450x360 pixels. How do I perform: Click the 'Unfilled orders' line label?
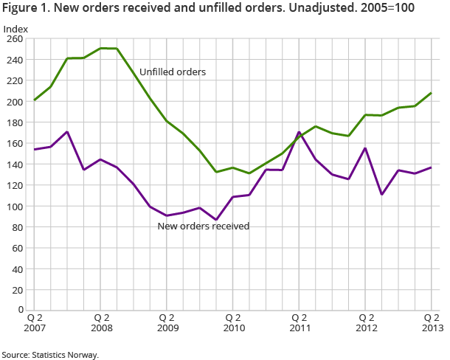click(172, 72)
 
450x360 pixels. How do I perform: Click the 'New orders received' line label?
click(204, 226)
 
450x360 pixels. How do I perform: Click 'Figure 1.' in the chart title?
click(24, 9)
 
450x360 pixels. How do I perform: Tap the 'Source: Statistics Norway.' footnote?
click(50, 354)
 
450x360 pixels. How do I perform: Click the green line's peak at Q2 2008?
click(101, 48)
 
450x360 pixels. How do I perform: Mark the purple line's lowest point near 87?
click(216, 219)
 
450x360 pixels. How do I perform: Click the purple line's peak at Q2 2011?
click(299, 133)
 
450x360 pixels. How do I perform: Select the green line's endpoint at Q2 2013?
click(432, 93)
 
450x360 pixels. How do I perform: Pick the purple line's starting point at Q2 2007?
click(35, 150)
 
